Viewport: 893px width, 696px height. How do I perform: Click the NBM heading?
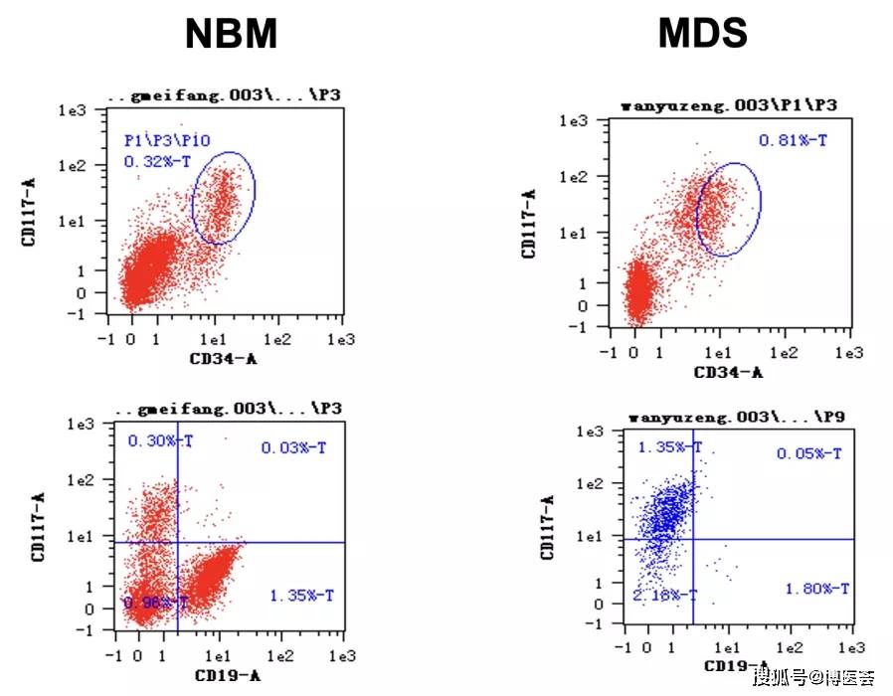[231, 35]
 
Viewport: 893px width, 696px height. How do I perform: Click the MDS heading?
[702, 35]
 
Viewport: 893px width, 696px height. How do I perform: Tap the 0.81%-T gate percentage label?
[793, 140]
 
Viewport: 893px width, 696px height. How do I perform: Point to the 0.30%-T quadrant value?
[159, 440]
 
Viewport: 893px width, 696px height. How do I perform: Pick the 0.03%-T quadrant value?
[293, 448]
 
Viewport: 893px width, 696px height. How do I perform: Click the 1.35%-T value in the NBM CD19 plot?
[301, 596]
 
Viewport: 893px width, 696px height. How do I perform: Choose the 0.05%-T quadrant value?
[808, 453]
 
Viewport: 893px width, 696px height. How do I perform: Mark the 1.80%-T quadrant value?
[816, 589]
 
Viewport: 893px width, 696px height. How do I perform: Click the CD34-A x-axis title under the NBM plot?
[223, 359]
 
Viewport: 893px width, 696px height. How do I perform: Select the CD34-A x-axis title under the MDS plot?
[729, 372]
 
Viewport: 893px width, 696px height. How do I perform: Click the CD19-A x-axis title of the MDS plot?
[736, 666]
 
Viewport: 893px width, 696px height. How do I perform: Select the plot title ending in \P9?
[736, 417]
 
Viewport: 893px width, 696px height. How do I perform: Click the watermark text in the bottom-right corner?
[813, 678]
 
